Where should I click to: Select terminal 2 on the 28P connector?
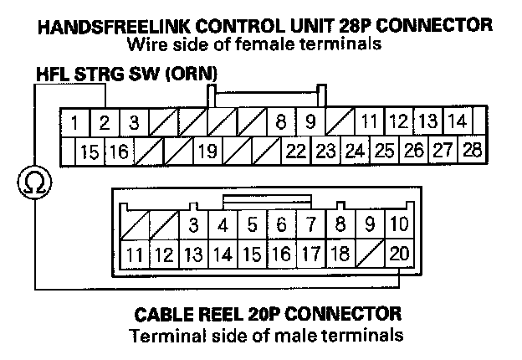(x=105, y=123)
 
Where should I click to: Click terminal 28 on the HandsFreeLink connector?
(x=472, y=151)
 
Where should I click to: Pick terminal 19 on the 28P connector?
(x=207, y=152)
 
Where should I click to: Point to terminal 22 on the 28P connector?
(x=295, y=152)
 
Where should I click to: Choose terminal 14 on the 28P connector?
(x=456, y=122)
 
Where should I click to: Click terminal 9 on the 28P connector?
(x=310, y=123)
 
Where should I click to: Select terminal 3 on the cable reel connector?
(x=193, y=224)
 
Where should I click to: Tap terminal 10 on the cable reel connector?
(x=400, y=224)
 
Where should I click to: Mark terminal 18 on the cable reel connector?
(x=340, y=254)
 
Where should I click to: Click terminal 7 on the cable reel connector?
(x=311, y=224)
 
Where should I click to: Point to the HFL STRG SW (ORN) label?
(x=126, y=75)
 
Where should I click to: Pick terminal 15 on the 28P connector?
(x=90, y=152)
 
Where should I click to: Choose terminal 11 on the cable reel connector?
(x=134, y=254)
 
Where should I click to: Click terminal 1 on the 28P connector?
(x=75, y=123)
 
